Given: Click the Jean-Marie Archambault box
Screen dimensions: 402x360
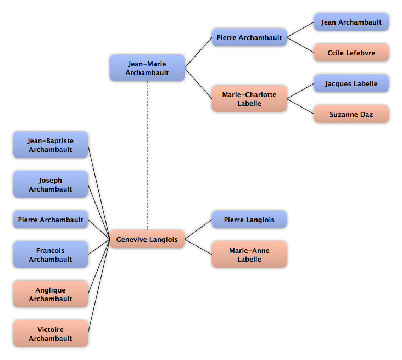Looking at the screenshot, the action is [147, 68].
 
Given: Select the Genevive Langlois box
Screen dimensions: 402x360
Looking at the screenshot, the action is [147, 239].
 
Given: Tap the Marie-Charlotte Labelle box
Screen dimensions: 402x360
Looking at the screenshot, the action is [249, 99].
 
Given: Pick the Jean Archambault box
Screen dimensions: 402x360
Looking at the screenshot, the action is [351, 22].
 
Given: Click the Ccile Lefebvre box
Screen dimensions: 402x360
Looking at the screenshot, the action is [351, 53].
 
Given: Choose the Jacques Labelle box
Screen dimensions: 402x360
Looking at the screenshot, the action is [351, 83].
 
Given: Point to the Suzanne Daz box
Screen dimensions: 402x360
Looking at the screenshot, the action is [351, 114].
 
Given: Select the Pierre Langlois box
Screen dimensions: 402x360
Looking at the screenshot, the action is [249, 220].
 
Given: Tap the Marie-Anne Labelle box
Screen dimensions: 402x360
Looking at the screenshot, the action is [249, 255].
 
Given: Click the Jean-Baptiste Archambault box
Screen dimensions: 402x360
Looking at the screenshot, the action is [51, 145].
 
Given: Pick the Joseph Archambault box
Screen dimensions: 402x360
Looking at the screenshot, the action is [51, 184].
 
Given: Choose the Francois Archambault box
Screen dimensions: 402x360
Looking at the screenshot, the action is [51, 255].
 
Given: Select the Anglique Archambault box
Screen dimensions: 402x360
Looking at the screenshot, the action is [51, 294].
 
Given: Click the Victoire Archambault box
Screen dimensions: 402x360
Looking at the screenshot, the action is [51, 334].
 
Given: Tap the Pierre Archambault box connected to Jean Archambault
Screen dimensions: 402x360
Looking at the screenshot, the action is [249, 37].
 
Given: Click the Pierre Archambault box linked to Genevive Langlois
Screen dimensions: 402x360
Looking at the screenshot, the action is [51, 220].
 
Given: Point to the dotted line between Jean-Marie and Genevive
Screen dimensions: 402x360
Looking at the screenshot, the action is [147, 156].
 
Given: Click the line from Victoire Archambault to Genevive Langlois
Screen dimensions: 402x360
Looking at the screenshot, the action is [99, 286].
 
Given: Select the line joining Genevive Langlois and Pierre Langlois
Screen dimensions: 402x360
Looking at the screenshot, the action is [198, 229].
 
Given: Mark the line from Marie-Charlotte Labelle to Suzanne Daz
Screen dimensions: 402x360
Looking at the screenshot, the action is [300, 106].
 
